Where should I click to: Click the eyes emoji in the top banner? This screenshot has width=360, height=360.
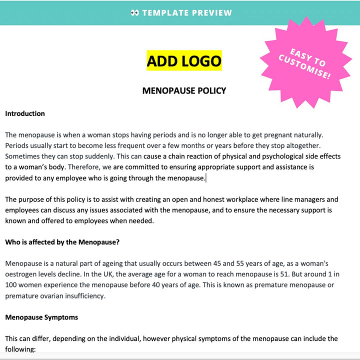coord(134,13)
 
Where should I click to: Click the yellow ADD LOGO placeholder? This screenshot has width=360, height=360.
coord(184,61)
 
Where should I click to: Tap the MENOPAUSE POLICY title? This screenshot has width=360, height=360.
coord(184,90)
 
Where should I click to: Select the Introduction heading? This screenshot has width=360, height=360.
coord(25,113)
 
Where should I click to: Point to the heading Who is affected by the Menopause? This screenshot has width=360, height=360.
coord(62,242)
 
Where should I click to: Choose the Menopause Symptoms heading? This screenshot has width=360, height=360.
coord(41,317)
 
